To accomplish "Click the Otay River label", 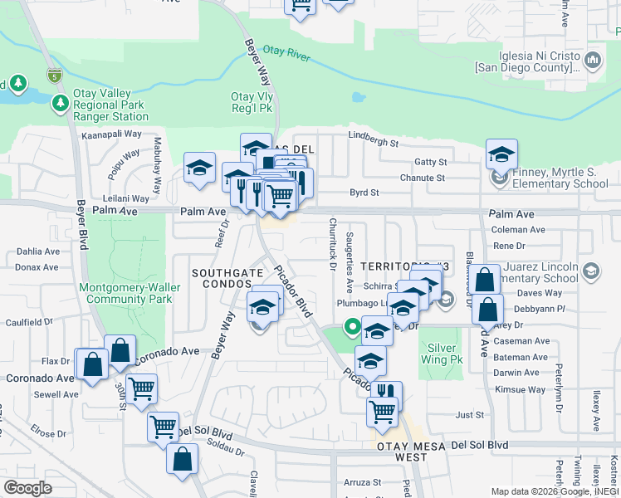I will pyautogui.click(x=286, y=51).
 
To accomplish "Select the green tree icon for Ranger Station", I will pyautogui.click(x=60, y=103).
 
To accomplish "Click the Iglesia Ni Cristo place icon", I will pyautogui.click(x=593, y=60).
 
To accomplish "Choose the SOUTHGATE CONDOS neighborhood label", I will pyautogui.click(x=222, y=278).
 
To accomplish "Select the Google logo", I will pyautogui.click(x=28, y=487).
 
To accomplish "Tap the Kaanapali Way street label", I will pyautogui.click(x=111, y=133).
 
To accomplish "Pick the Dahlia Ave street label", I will pyautogui.click(x=37, y=251).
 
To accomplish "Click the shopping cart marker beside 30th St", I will pyautogui.click(x=141, y=388).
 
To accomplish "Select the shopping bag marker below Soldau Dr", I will pyautogui.click(x=181, y=459).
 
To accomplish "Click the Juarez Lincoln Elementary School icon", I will pyautogui.click(x=590, y=271).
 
